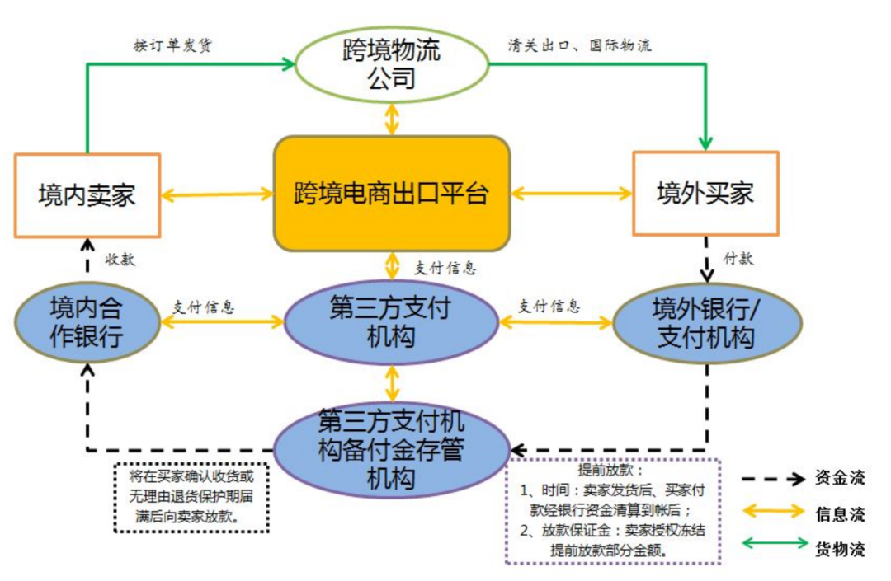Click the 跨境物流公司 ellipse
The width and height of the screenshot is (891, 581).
tap(391, 64)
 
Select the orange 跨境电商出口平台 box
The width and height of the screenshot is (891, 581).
tap(391, 194)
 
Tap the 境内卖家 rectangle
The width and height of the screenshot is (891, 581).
tap(87, 195)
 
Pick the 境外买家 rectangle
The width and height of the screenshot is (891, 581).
tap(705, 194)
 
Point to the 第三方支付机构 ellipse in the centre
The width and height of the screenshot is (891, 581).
tap(391, 322)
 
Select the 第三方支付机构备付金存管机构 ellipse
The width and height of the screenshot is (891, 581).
tap(391, 449)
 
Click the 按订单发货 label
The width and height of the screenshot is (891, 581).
tap(172, 45)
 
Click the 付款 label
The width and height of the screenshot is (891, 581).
tap(738, 259)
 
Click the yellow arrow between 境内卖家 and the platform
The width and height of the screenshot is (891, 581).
tap(217, 195)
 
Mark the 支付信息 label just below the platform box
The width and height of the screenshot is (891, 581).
tap(445, 269)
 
